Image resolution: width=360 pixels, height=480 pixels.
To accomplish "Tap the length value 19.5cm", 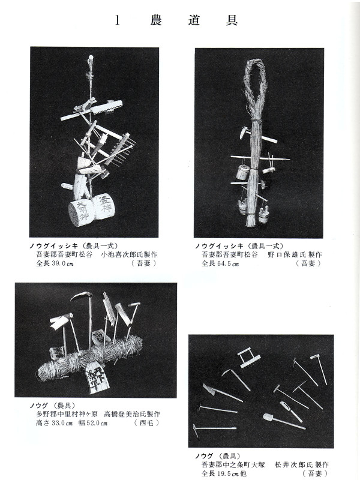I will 225,473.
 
